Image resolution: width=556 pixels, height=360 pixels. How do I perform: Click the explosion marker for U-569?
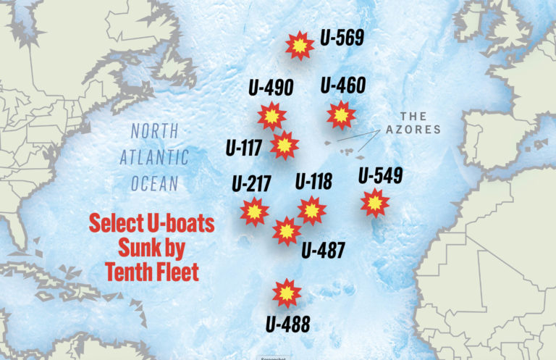coord(299,46)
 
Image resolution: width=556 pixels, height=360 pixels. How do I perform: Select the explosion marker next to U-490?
coord(271,116)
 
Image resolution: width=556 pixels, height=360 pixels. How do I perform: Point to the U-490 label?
coord(270,88)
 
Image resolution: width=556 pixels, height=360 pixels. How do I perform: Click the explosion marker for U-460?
coord(340,114)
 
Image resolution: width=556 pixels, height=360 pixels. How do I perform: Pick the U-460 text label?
coord(342,85)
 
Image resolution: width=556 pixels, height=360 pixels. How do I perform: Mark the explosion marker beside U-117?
coord(284,145)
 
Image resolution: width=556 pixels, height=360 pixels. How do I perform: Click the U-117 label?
coord(243,147)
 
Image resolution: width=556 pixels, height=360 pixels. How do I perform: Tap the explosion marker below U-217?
coord(254,212)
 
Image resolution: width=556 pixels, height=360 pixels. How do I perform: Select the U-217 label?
coord(251,183)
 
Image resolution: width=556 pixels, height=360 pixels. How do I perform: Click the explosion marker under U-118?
coord(311,210)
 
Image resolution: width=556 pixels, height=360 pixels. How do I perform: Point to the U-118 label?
coord(313,181)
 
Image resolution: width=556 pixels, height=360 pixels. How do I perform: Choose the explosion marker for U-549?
coord(374,204)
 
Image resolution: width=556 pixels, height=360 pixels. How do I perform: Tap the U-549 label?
coord(380,175)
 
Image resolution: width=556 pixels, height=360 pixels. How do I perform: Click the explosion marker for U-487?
coord(287,231)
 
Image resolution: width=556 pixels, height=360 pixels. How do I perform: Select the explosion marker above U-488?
coord(287,293)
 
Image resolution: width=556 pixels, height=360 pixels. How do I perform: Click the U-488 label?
coord(287,323)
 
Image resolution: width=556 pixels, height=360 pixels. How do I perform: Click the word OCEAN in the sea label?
coord(154,184)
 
